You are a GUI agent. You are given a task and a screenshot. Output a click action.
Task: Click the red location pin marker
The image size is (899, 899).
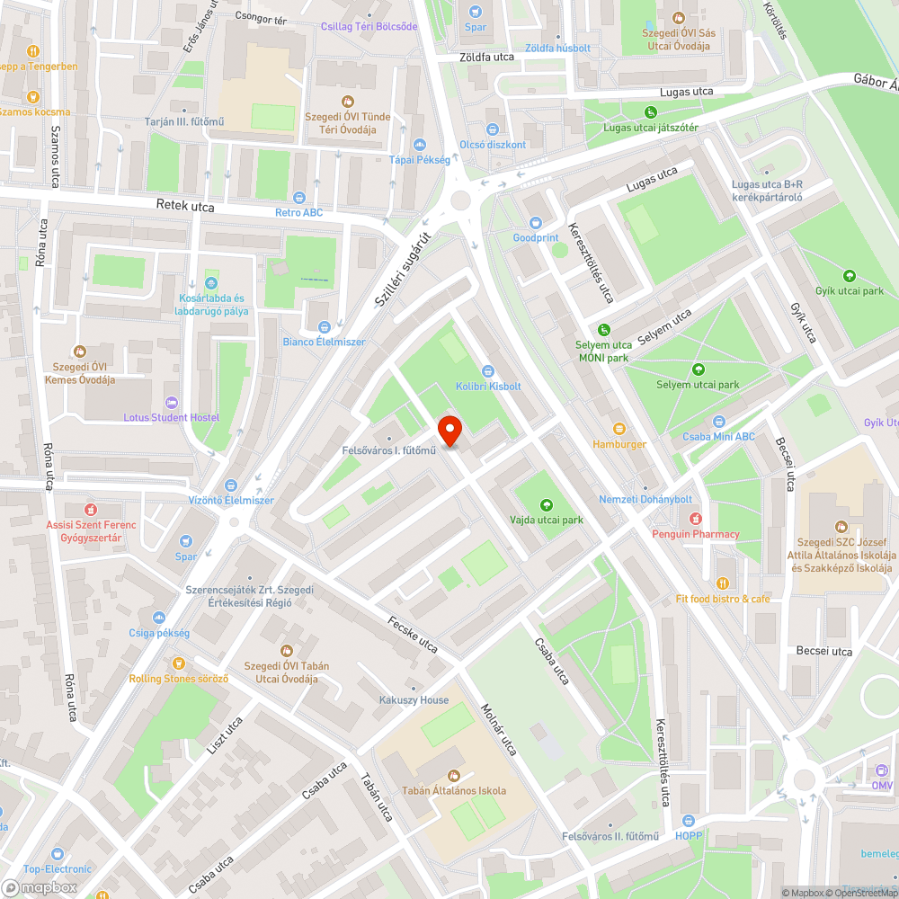[449, 431]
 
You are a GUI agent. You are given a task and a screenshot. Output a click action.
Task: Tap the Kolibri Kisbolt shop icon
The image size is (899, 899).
[488, 370]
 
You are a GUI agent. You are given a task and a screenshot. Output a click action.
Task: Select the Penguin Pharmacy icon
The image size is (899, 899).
[695, 519]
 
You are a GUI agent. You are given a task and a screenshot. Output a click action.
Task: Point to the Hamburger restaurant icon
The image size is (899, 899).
[619, 429]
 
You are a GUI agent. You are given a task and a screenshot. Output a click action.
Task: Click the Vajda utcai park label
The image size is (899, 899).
[547, 520]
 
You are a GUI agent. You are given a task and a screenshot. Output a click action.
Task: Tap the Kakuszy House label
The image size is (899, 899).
[414, 699]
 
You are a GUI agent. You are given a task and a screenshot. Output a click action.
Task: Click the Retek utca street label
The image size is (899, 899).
[185, 207]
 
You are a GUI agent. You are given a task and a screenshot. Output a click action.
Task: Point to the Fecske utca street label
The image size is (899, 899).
[413, 635]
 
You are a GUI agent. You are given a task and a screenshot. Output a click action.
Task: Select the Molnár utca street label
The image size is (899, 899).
[499, 729]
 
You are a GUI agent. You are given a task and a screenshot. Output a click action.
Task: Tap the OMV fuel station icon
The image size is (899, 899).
[881, 770]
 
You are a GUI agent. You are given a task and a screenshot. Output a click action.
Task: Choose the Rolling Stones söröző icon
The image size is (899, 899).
[178, 663]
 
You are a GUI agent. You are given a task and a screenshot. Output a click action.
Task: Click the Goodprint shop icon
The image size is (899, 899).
[536, 222]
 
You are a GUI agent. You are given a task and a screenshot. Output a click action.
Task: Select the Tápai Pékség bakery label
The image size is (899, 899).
[418, 159]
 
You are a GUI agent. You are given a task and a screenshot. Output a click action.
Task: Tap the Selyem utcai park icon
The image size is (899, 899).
[698, 369]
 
